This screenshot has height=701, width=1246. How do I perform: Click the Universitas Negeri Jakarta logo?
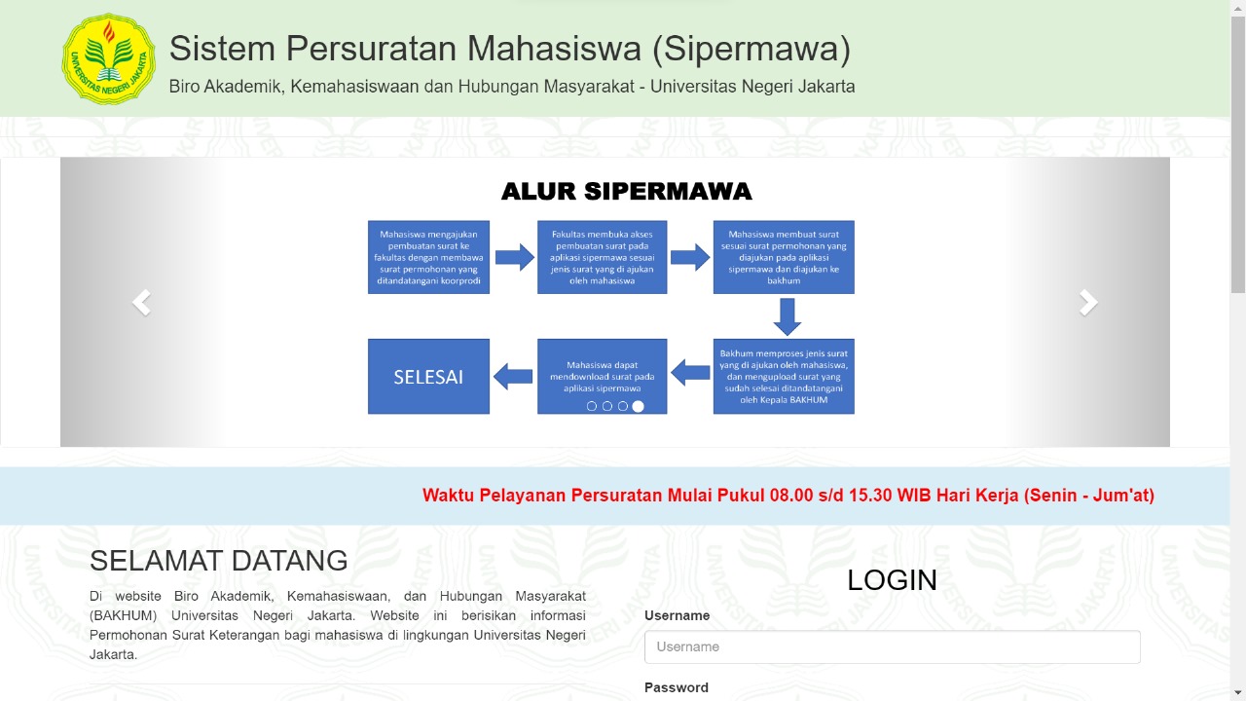pyautogui.click(x=108, y=59)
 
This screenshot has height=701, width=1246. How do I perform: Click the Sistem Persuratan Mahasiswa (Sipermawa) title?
pyautogui.click(x=510, y=49)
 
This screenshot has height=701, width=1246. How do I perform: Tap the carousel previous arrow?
pyautogui.click(x=142, y=303)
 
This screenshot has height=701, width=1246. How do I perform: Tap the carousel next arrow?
pyautogui.click(x=1088, y=303)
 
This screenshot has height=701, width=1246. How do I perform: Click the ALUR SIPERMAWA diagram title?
pyautogui.click(x=626, y=192)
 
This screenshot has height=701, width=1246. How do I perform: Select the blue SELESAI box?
pyautogui.click(x=428, y=377)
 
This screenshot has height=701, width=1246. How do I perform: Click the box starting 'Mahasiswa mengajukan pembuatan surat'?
pyautogui.click(x=428, y=257)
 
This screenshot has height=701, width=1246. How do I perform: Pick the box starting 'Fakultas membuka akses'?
pyautogui.click(x=602, y=257)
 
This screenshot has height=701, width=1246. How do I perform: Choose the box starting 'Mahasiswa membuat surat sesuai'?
pyautogui.click(x=784, y=257)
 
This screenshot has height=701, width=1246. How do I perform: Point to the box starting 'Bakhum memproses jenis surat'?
pyautogui.click(x=784, y=376)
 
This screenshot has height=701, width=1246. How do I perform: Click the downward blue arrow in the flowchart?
pyautogui.click(x=787, y=316)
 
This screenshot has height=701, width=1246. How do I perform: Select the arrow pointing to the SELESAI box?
pyautogui.click(x=513, y=376)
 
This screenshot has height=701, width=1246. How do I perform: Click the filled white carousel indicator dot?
pyautogui.click(x=639, y=407)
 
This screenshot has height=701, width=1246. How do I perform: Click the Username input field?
pyautogui.click(x=892, y=647)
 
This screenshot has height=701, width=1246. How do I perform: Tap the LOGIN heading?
pyautogui.click(x=892, y=580)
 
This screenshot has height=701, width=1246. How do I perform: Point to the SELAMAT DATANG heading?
pyautogui.click(x=219, y=561)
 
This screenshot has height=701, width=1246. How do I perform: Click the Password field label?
pyautogui.click(x=677, y=687)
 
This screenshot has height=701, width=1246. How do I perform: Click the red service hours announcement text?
pyautogui.click(x=788, y=496)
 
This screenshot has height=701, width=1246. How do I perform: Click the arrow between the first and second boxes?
pyautogui.click(x=514, y=257)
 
